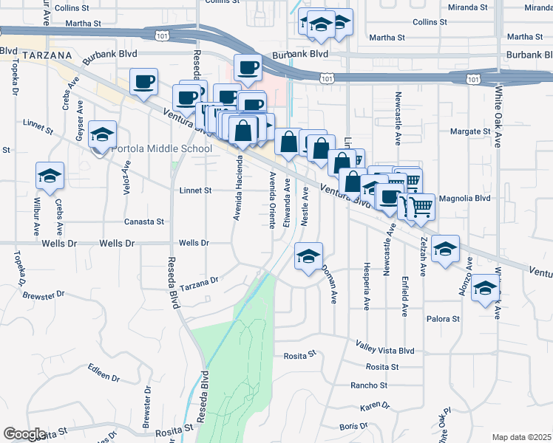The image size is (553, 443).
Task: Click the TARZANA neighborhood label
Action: click(46, 55)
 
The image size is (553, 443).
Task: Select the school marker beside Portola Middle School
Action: click(102, 134)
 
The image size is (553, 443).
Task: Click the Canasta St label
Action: click(143, 221)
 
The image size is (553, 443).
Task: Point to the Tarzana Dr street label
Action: click(200, 282)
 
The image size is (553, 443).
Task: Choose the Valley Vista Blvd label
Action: click(385, 351)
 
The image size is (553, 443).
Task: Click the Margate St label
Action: click(471, 131)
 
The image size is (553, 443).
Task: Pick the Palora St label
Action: click(443, 319)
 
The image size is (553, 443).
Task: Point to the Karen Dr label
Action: click(375, 406)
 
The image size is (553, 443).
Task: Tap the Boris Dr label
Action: click(353, 426)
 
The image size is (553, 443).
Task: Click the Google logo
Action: click(24, 434)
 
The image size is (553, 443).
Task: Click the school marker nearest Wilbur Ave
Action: click(50, 176)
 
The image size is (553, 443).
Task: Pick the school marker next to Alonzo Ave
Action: click(445, 250)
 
